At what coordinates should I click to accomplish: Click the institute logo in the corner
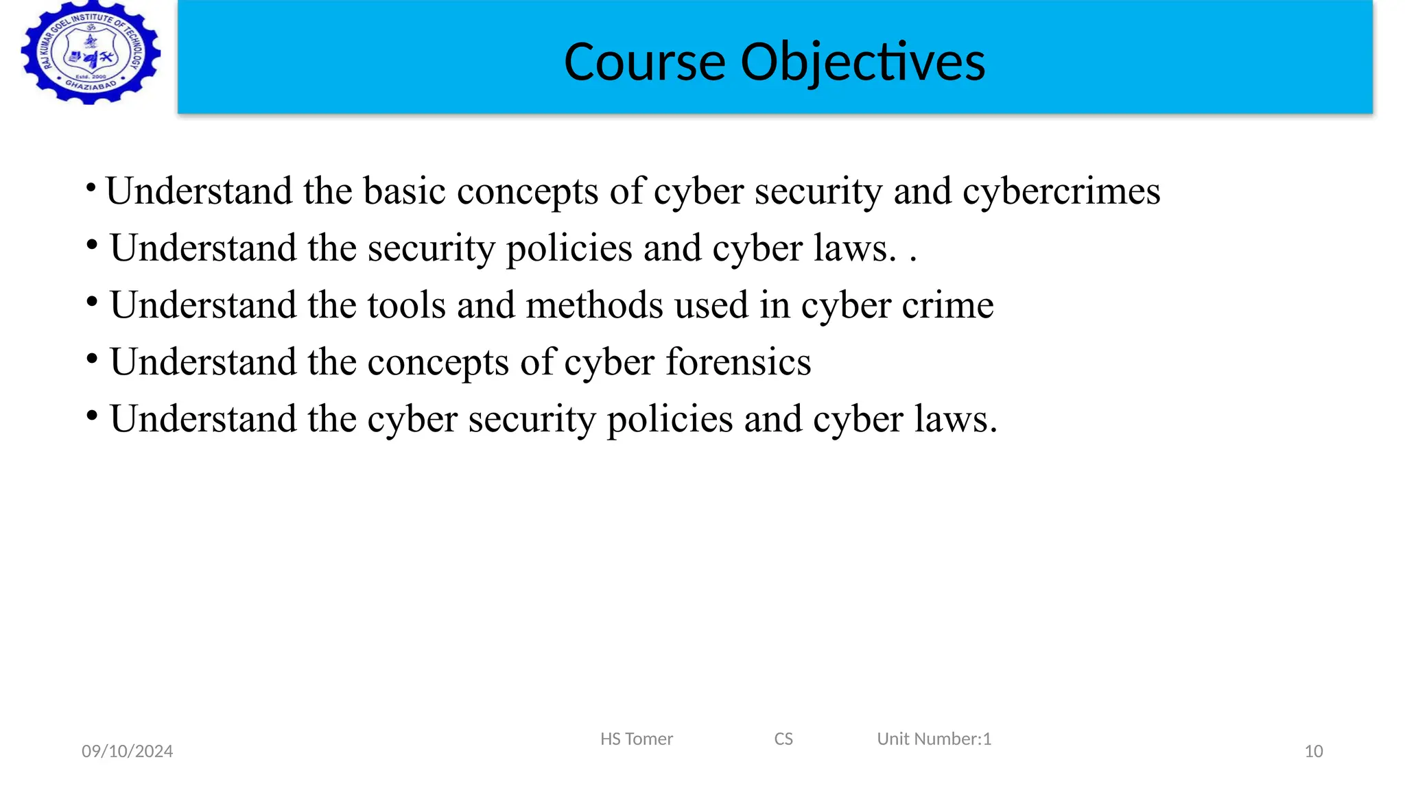[91, 53]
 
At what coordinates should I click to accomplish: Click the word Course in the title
[644, 62]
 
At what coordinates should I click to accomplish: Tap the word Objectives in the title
[862, 62]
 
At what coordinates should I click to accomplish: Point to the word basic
[405, 191]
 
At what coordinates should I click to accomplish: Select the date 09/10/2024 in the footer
[127, 752]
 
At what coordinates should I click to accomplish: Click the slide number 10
[1313, 752]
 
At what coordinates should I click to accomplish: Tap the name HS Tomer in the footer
[636, 739]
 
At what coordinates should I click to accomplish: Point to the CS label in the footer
[783, 739]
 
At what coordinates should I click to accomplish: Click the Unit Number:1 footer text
[934, 739]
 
